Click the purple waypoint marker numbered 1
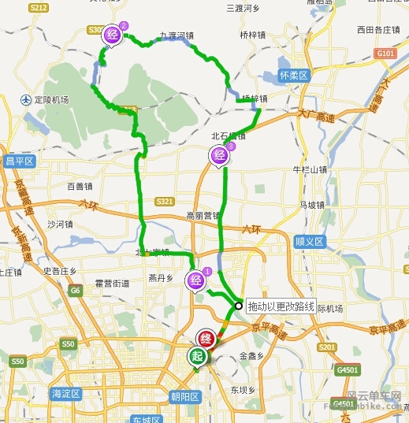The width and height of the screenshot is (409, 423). click(x=195, y=279)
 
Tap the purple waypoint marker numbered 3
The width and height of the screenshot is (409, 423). click(x=219, y=155)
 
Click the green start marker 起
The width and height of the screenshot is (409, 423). click(x=195, y=357)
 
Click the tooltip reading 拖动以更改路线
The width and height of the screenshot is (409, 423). click(x=281, y=306)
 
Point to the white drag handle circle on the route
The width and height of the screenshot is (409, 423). click(x=238, y=306)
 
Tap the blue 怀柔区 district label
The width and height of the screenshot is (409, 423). click(x=296, y=76)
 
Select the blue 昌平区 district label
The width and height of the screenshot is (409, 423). click(x=20, y=161)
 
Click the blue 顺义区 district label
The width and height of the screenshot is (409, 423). click(x=309, y=241)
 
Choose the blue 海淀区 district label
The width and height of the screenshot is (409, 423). click(x=66, y=393)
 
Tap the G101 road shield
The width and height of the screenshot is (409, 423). click(x=385, y=54)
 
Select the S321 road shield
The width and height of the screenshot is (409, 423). click(x=165, y=202)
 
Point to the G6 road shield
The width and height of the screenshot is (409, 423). click(x=76, y=291)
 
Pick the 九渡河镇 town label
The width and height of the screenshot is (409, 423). click(x=177, y=36)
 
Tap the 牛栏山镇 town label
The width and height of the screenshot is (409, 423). click(x=309, y=169)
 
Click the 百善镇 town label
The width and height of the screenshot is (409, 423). click(x=80, y=187)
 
